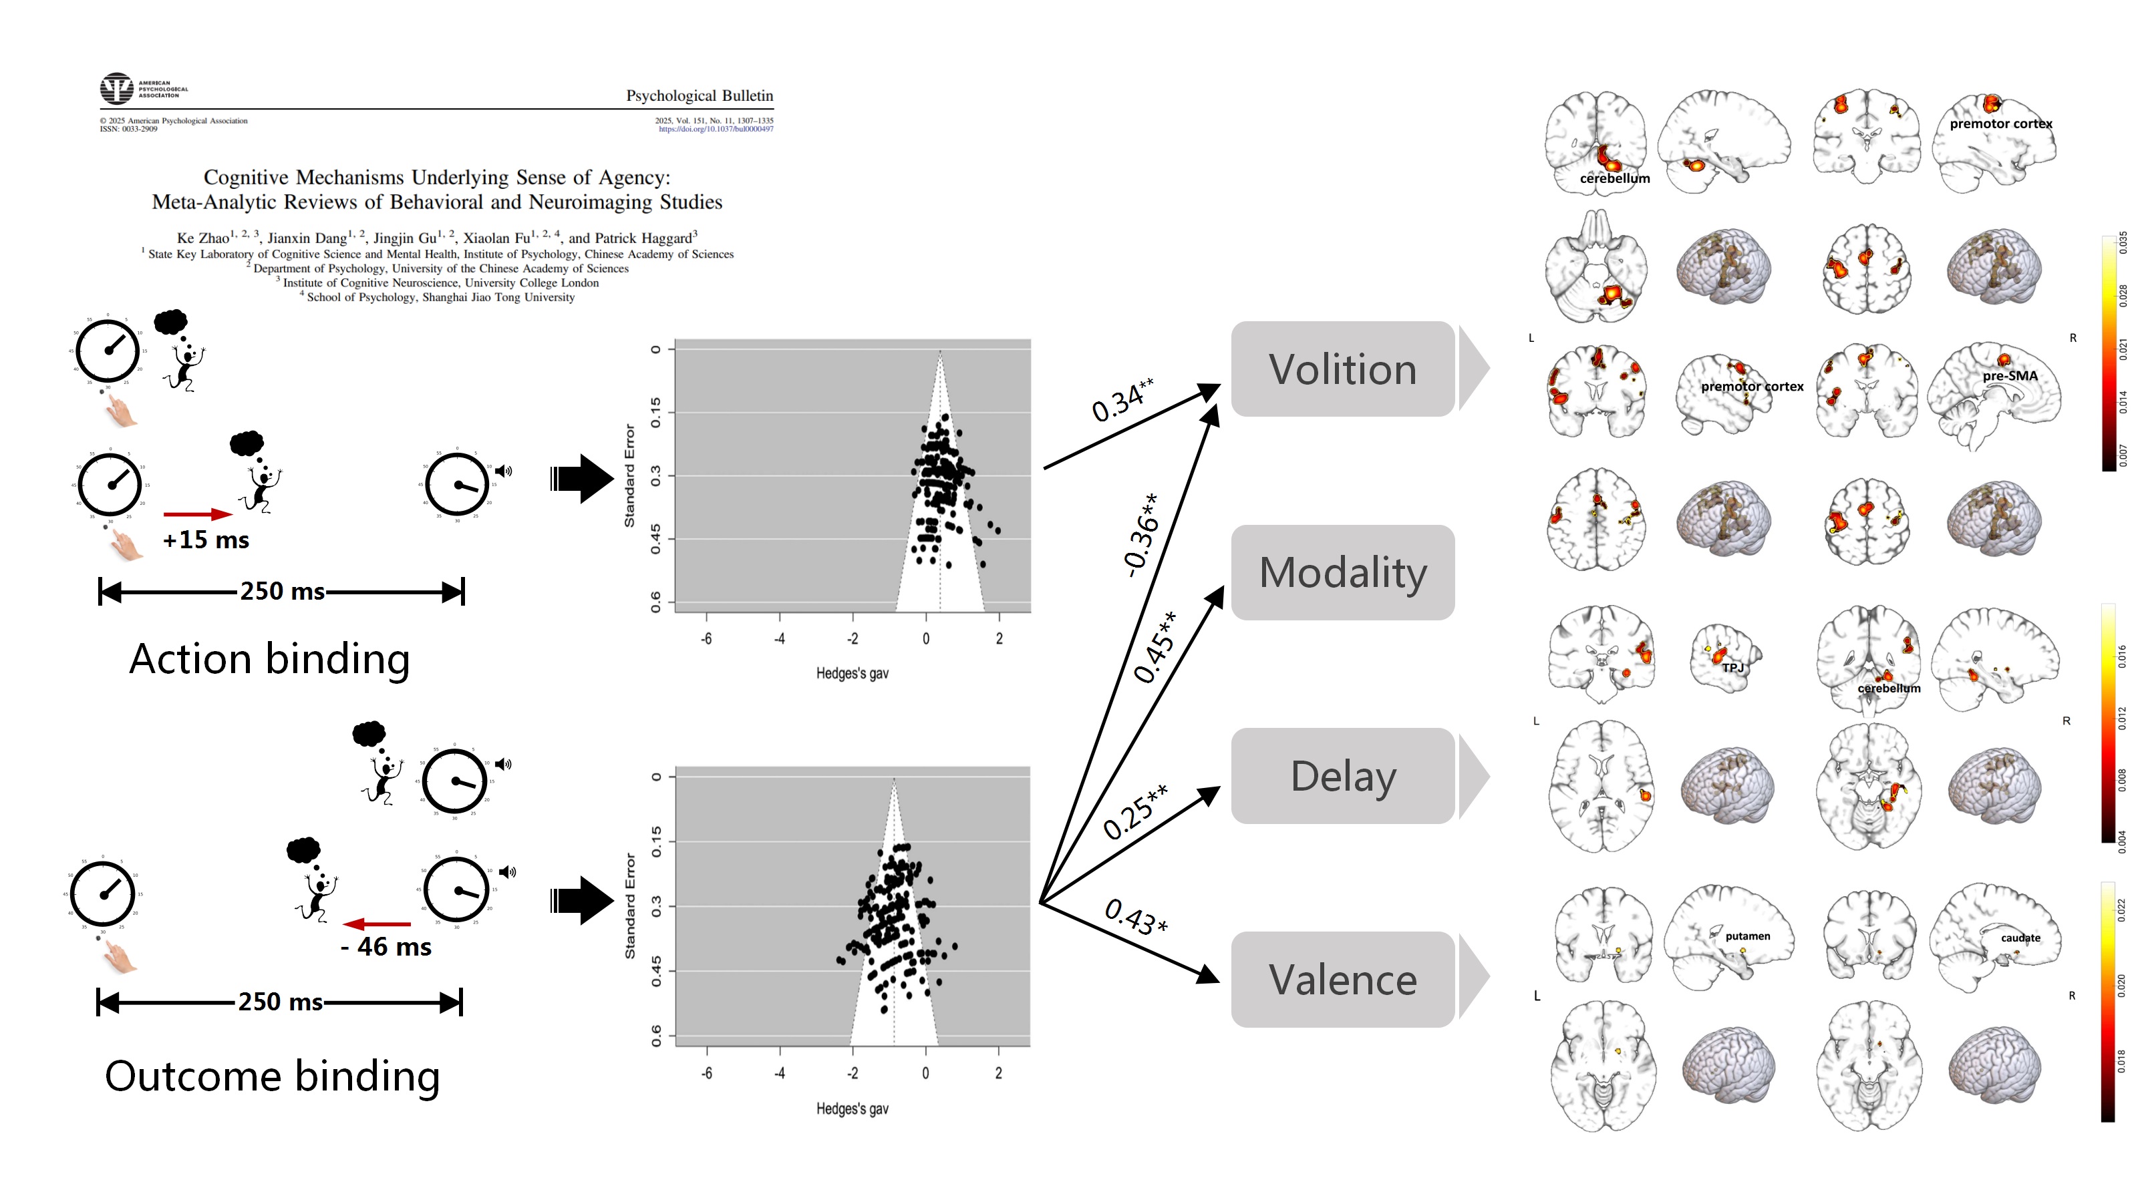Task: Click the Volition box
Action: (1342, 369)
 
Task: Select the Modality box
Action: (1342, 572)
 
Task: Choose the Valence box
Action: (1342, 980)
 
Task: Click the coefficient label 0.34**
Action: (1122, 400)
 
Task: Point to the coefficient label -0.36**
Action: (1140, 535)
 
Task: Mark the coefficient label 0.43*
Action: (1135, 917)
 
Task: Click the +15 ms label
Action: (206, 540)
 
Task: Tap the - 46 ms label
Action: (386, 946)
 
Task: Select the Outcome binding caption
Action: (272, 1076)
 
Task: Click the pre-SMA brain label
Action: (2009, 376)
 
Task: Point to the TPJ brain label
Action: (1732, 667)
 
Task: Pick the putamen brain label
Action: (1747, 936)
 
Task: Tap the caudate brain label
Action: (2020, 938)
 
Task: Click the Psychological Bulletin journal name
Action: (699, 95)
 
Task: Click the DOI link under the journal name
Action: (716, 129)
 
